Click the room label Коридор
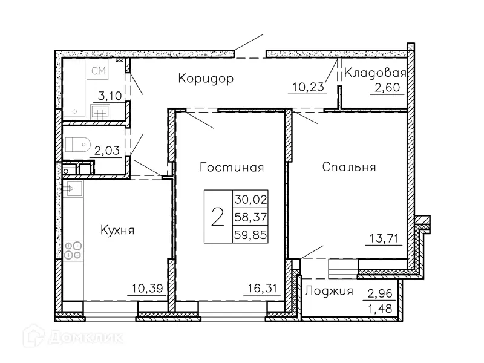pyautogui.click(x=206, y=79)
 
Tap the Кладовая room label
pyautogui.click(x=375, y=73)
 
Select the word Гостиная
pyautogui.click(x=232, y=167)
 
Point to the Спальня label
pyautogui.click(x=349, y=167)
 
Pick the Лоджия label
pyautogui.click(x=329, y=291)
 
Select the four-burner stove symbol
pyautogui.click(x=73, y=250)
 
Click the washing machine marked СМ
pyautogui.click(x=99, y=71)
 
